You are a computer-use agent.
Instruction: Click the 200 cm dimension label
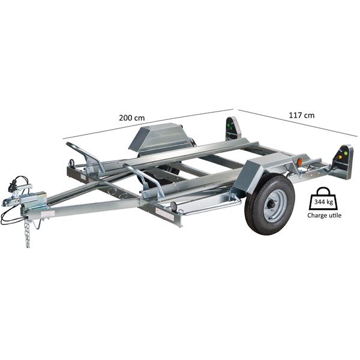[132, 118]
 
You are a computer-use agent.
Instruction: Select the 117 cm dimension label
[301, 115]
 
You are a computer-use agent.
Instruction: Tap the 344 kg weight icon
[323, 199]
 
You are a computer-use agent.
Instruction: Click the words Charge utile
[324, 215]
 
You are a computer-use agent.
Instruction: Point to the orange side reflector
[299, 161]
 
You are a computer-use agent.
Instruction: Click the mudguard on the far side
[156, 139]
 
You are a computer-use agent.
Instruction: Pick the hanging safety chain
[27, 232]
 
